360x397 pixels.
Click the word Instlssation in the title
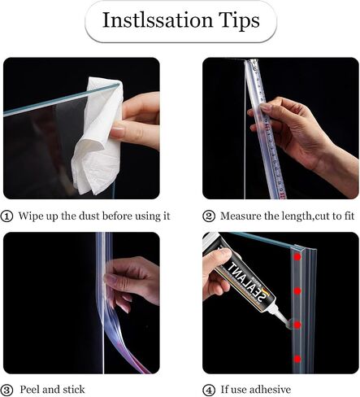point(158,20)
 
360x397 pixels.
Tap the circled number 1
point(7,216)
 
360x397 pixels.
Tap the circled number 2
point(209,216)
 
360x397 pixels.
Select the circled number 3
point(7,390)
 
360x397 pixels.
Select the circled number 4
point(209,390)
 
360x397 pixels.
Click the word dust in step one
point(89,216)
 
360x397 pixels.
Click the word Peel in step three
point(30,390)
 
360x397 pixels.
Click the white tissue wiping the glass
point(96,136)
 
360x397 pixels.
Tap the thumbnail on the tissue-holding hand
point(117,132)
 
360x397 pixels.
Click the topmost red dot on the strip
point(297,257)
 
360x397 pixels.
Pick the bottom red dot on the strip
point(297,359)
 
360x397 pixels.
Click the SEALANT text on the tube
point(246,282)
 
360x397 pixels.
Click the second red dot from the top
point(297,291)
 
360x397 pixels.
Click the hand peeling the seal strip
point(132,283)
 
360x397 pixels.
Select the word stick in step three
point(74,390)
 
